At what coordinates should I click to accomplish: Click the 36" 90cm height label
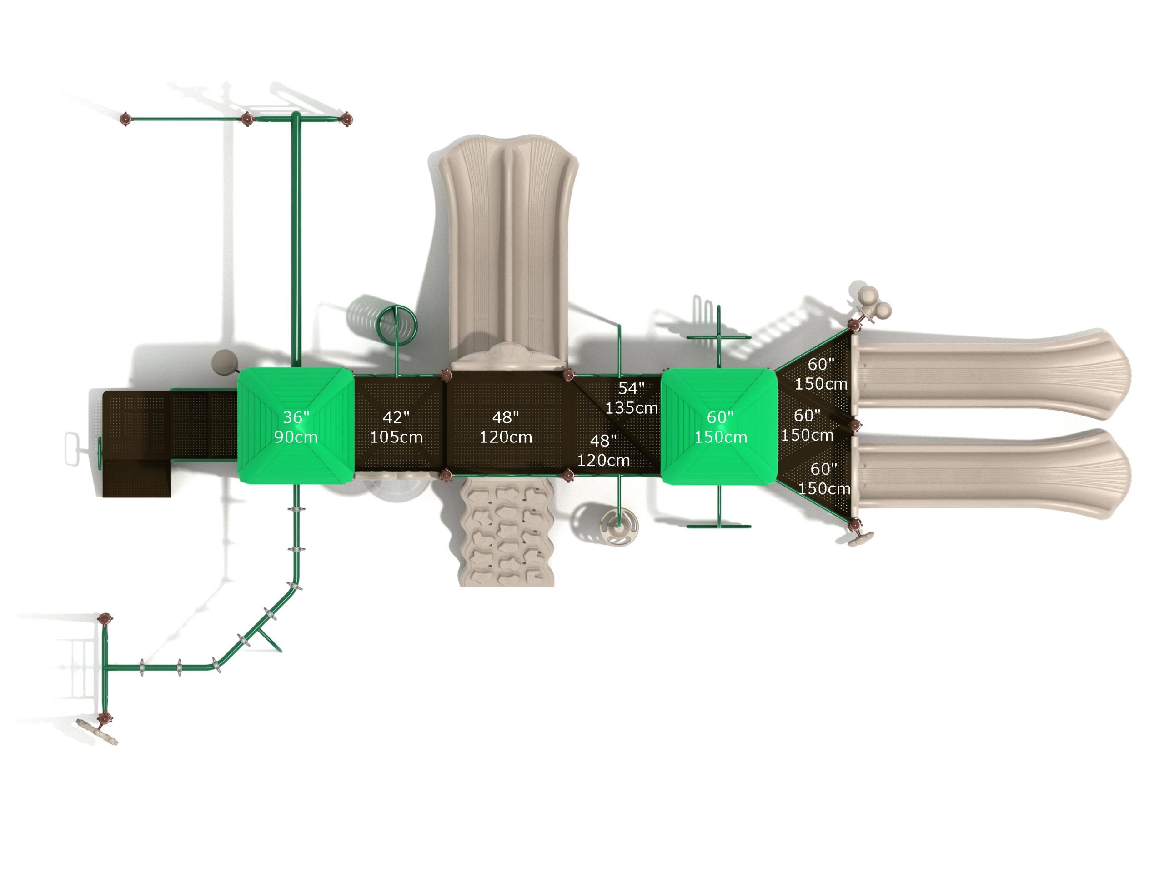[296, 427]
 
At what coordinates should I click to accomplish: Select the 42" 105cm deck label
[396, 427]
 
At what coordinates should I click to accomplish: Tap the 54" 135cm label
[631, 398]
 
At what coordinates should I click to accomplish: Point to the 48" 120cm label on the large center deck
[505, 427]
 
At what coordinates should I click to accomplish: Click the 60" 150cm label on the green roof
[720, 427]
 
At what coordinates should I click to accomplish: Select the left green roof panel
[296, 426]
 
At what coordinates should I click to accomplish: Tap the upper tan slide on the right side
[989, 375]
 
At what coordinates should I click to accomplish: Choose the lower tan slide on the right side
[989, 474]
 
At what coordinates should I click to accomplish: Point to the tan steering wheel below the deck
[619, 524]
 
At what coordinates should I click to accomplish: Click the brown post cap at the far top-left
[125, 120]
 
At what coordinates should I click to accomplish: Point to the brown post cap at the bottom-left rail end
[105, 717]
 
